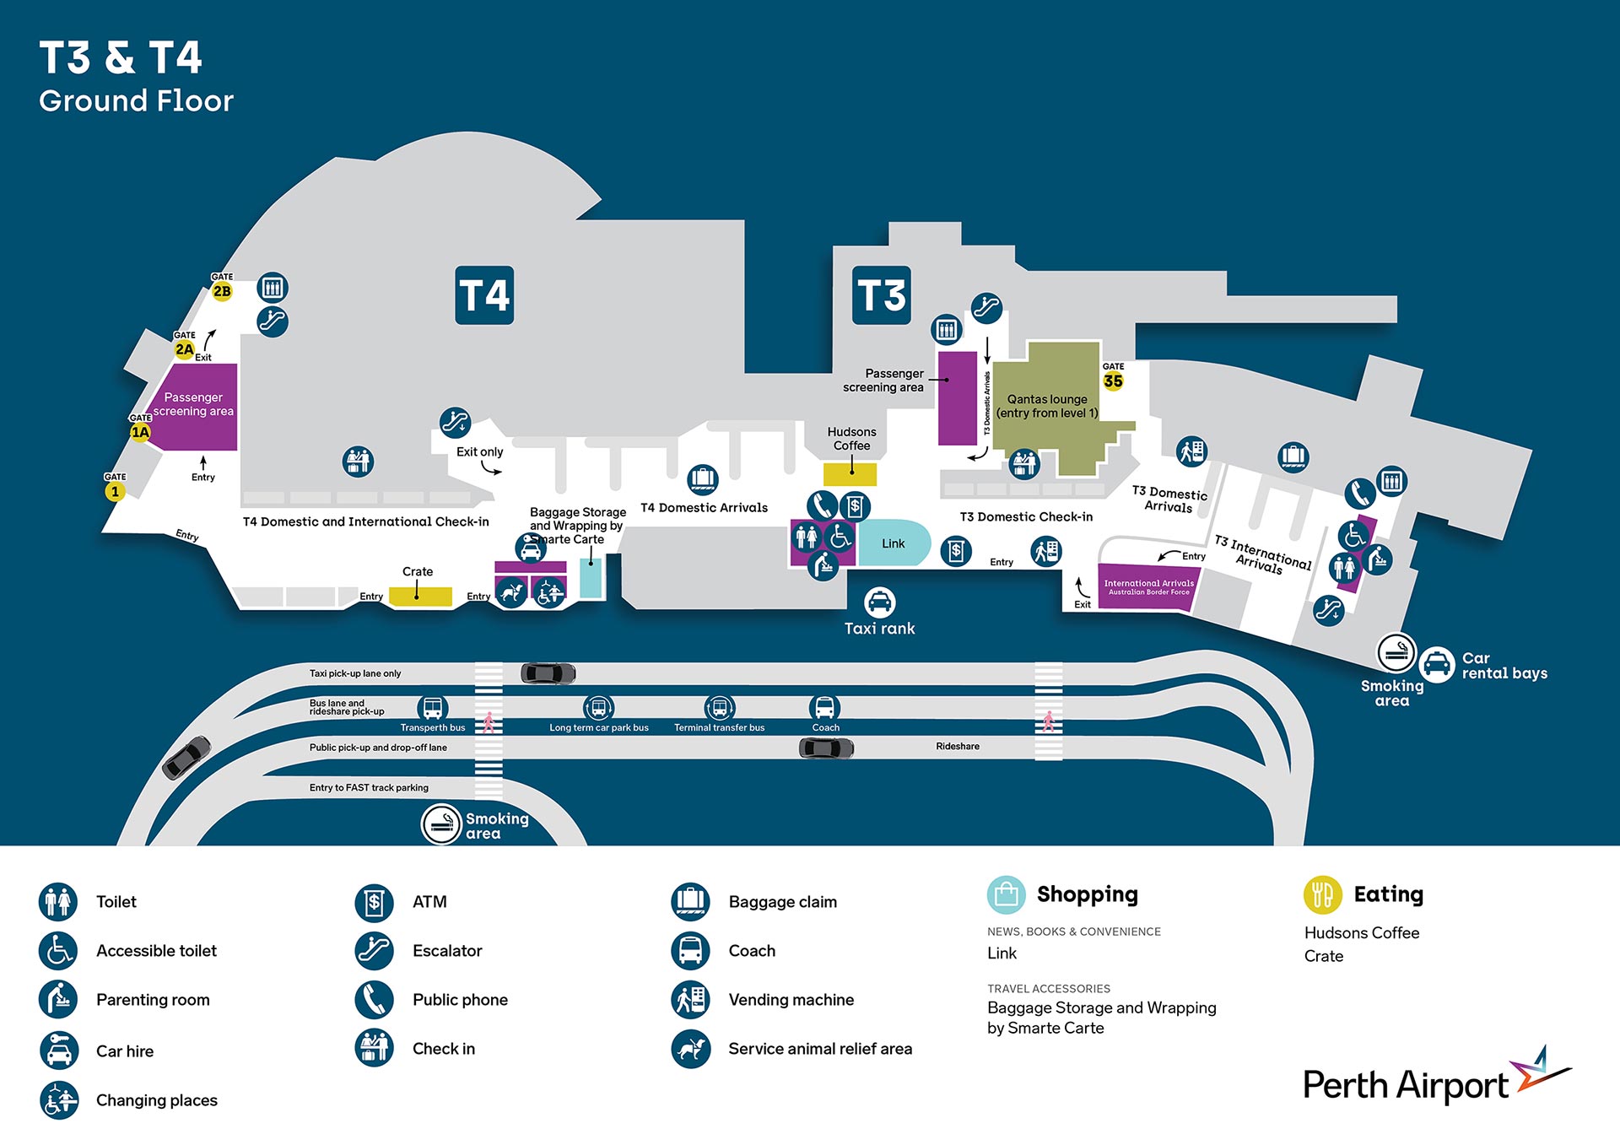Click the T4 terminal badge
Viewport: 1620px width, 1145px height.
pos(484,295)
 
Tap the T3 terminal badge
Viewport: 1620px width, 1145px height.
pos(881,295)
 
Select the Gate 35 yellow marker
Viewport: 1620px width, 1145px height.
pos(1113,381)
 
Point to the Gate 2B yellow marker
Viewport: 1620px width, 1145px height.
pos(222,291)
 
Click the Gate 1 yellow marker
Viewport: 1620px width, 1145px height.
pos(115,491)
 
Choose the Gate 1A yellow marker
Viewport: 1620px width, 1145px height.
pos(140,432)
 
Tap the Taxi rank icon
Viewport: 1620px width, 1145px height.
pos(879,602)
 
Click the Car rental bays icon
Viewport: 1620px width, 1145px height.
pos(1436,665)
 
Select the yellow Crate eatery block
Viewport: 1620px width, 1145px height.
pos(419,596)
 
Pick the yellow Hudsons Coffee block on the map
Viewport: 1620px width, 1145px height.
pos(850,474)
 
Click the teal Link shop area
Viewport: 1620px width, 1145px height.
pos(894,543)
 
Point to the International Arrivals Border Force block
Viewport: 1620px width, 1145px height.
pos(1148,586)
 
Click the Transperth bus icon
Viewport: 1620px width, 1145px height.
pos(433,708)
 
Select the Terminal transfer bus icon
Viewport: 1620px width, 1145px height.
pos(719,708)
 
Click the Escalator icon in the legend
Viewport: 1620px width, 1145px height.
pos(374,951)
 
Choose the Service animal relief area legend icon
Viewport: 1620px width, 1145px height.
pos(690,1049)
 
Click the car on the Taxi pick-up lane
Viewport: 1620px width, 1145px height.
pos(548,673)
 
